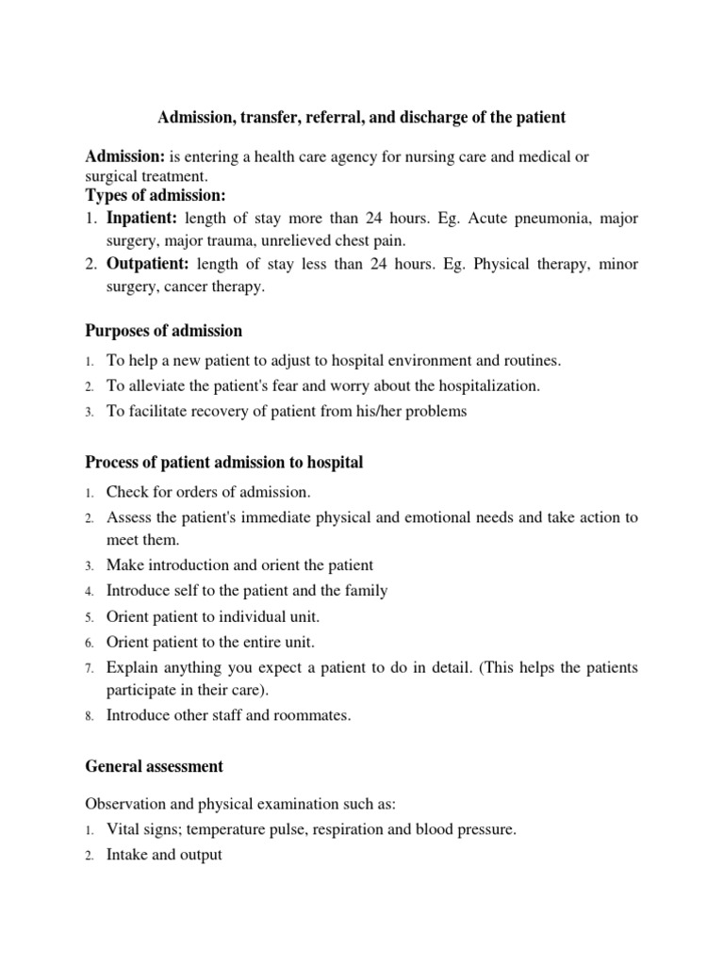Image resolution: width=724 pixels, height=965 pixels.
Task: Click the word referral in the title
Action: coord(342,118)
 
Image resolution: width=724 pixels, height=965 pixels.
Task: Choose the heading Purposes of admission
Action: coord(164,331)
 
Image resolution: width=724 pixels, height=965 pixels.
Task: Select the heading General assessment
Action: coord(155,766)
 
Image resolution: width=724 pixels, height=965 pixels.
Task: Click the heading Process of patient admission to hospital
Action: coord(224,463)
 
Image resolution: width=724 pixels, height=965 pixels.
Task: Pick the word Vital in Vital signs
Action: coord(123,830)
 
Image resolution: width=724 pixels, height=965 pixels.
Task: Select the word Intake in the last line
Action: coord(127,856)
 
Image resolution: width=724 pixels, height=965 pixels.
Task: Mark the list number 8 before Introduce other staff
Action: coord(89,716)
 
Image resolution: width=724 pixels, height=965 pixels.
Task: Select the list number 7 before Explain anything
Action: coord(89,668)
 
